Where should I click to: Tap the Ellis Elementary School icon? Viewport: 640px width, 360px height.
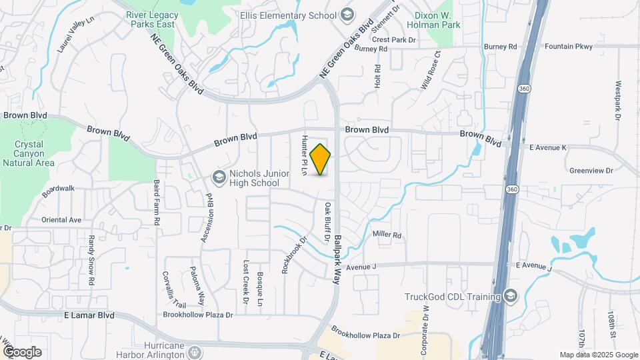pos(347,15)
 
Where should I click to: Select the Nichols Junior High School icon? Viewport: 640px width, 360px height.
pos(218,177)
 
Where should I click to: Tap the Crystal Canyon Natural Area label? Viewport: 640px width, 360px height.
pos(29,153)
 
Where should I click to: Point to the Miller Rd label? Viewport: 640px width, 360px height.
pos(387,235)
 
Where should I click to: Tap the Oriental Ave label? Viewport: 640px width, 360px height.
pos(61,219)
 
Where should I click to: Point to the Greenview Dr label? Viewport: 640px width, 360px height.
pos(590,170)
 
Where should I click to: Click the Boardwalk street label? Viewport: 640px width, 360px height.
pos(58,191)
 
